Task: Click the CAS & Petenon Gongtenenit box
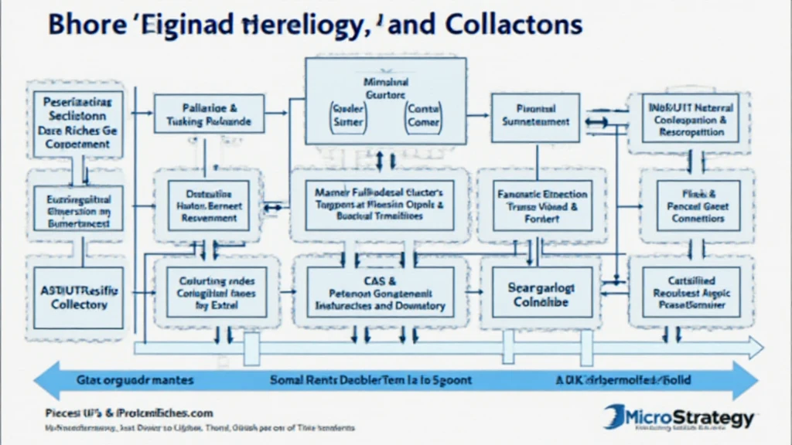point(380,293)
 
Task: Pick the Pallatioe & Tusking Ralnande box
point(208,115)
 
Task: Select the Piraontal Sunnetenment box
point(535,116)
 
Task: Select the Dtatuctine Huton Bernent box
point(209,207)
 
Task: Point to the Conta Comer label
point(423,116)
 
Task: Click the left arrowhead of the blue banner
point(39,381)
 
